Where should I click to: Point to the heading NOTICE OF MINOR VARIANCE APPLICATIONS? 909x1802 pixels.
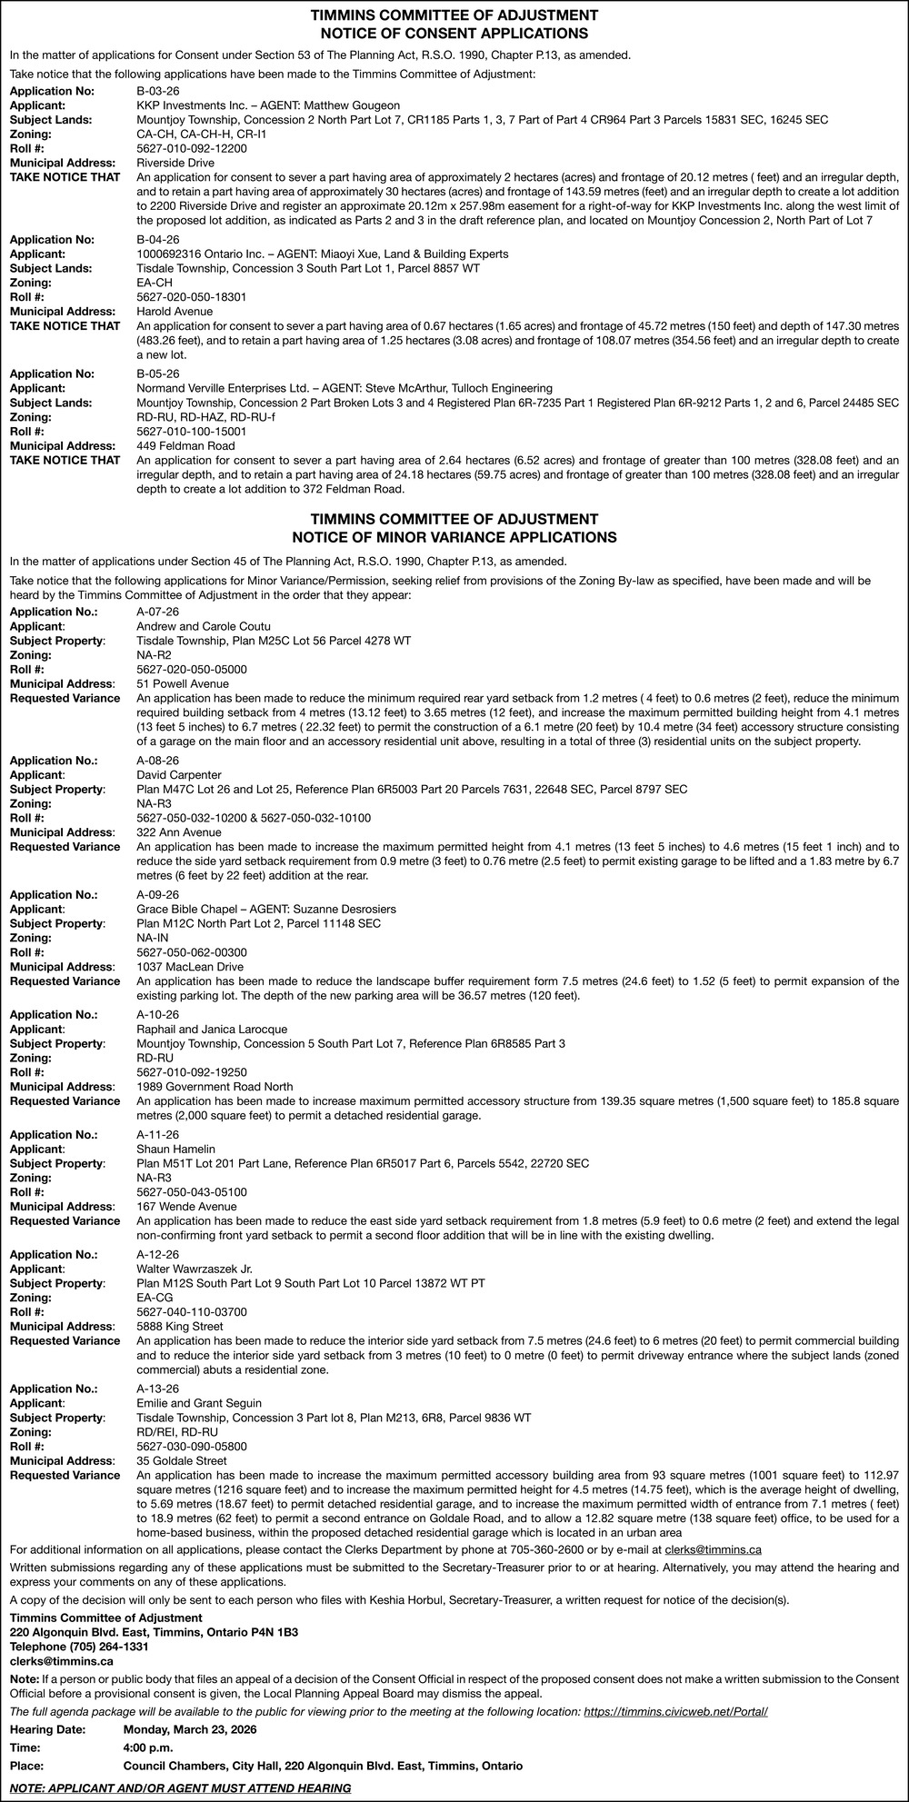pos(454,537)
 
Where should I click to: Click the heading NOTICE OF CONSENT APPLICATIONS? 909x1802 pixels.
pos(454,34)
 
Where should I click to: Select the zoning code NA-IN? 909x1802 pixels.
pos(153,938)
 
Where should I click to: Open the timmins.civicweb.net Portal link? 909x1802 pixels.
pos(675,1712)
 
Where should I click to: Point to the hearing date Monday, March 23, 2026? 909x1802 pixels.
pos(190,1729)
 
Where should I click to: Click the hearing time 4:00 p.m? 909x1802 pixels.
pos(147,1747)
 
